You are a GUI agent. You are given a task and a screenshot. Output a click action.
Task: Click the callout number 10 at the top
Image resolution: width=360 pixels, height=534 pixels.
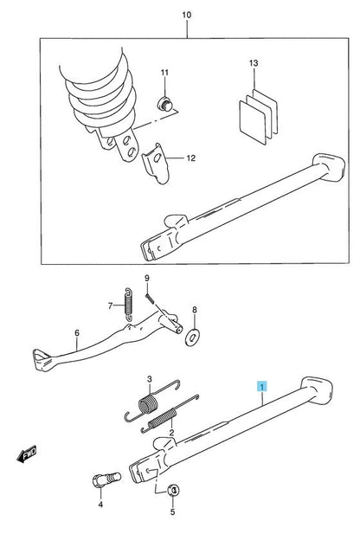pos(185,15)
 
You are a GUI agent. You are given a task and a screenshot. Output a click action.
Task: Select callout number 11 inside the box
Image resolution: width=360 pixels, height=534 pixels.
pos(166,73)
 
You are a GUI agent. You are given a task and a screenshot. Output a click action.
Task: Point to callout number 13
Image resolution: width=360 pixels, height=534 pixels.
pos(253,65)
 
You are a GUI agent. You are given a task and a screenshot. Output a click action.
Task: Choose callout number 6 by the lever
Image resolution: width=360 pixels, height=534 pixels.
pos(76,332)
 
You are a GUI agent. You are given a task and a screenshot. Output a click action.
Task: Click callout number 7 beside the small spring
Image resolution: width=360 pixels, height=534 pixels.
pos(112,306)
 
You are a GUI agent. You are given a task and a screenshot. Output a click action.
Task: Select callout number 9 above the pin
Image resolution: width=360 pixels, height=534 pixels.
pos(147,277)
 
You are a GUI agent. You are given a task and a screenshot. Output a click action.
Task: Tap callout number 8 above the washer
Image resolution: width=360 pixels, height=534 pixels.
pos(194,309)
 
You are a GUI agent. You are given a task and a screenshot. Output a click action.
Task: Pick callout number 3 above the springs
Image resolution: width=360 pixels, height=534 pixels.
pos(149,380)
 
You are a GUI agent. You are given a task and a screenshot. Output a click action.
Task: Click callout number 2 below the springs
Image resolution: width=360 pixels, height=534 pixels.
pos(171,432)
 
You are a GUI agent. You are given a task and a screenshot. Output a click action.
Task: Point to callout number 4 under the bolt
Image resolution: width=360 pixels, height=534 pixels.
pos(100,504)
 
